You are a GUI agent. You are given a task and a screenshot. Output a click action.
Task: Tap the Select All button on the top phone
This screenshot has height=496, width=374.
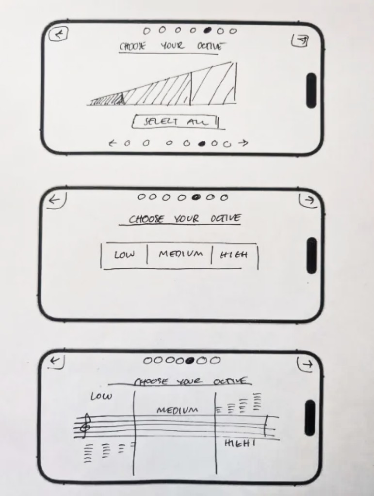point(176,122)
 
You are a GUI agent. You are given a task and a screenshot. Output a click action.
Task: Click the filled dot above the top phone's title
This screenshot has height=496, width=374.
point(208,31)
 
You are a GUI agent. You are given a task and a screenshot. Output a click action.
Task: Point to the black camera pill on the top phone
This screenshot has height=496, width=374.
point(311,91)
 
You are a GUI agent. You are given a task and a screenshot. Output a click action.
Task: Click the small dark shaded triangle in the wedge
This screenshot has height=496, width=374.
point(121,99)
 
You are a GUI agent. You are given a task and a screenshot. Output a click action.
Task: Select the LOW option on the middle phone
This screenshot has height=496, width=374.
point(124,255)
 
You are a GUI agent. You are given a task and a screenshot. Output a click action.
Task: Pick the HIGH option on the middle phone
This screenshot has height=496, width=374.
point(234,254)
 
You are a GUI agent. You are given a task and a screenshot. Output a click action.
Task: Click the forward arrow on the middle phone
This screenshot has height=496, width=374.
point(309,200)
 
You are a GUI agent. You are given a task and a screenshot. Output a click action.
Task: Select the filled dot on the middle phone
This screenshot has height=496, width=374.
point(196,197)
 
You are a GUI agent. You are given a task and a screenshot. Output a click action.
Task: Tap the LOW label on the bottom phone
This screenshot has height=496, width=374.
point(101,396)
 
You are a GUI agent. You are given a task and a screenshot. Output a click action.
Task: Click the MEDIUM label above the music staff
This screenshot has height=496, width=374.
point(177,410)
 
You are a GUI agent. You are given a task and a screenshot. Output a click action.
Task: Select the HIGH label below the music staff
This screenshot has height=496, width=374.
point(240,443)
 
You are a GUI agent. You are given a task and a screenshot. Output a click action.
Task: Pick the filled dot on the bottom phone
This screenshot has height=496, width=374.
point(190,360)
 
